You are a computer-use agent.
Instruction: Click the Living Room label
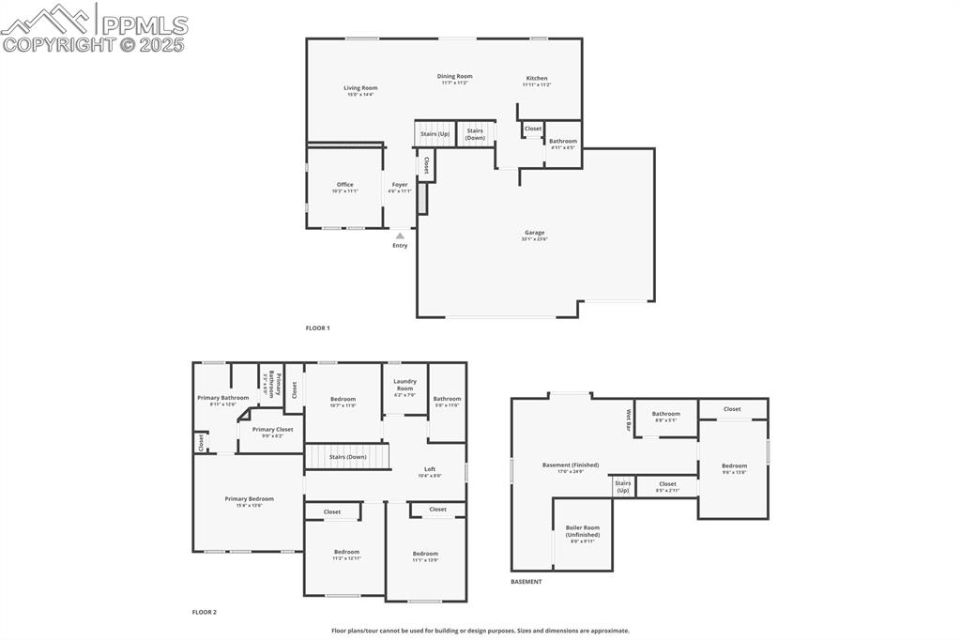click(x=359, y=88)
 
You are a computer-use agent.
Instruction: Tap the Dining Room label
click(x=454, y=77)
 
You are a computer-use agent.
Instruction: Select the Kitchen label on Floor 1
click(x=536, y=79)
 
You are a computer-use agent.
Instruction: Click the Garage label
click(x=535, y=233)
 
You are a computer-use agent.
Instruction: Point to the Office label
click(x=345, y=185)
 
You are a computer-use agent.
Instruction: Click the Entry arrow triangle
click(x=400, y=236)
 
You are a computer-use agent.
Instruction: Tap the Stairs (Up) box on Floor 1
click(x=435, y=133)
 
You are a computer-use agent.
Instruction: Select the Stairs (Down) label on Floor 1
click(x=475, y=134)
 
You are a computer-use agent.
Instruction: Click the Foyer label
click(x=400, y=185)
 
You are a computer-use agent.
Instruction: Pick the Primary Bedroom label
click(x=249, y=499)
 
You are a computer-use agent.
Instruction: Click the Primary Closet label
click(x=272, y=430)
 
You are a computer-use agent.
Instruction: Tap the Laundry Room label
click(x=404, y=384)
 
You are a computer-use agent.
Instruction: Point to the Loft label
click(x=430, y=469)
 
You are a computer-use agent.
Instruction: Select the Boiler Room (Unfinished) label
click(x=582, y=531)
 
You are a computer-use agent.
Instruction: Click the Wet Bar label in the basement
click(x=629, y=419)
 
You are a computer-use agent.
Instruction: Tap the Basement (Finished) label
click(x=571, y=465)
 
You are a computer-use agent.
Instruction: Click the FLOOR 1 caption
click(x=317, y=328)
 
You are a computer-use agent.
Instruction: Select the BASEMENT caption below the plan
click(x=526, y=582)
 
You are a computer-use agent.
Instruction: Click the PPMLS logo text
click(x=143, y=24)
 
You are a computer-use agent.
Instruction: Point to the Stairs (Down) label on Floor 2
click(x=347, y=457)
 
